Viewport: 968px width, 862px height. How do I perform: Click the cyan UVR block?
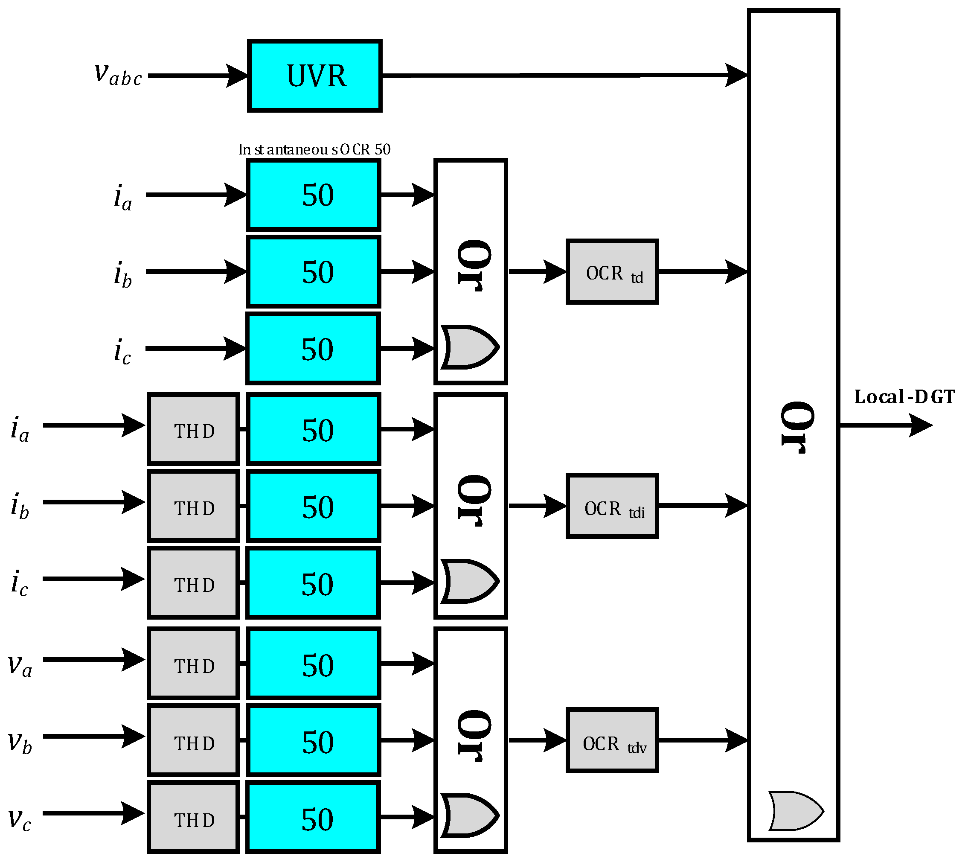(x=314, y=76)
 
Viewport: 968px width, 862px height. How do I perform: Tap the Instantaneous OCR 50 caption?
(x=314, y=150)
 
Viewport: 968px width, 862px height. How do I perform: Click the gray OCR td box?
(x=612, y=272)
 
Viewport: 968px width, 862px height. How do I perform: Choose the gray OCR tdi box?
(x=612, y=506)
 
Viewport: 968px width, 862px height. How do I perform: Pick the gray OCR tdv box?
(x=612, y=740)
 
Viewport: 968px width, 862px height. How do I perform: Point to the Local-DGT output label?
(x=904, y=397)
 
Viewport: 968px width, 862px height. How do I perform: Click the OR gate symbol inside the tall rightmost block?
(x=795, y=811)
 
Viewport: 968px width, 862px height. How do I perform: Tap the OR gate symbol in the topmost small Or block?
(x=469, y=347)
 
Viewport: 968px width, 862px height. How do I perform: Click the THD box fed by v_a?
(x=193, y=663)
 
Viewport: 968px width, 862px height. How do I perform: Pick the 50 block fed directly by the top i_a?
(x=313, y=195)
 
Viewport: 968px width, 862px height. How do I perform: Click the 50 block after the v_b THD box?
(x=313, y=740)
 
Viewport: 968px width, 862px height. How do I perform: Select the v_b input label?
(x=20, y=742)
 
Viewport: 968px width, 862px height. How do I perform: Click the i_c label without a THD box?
(x=122, y=352)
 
